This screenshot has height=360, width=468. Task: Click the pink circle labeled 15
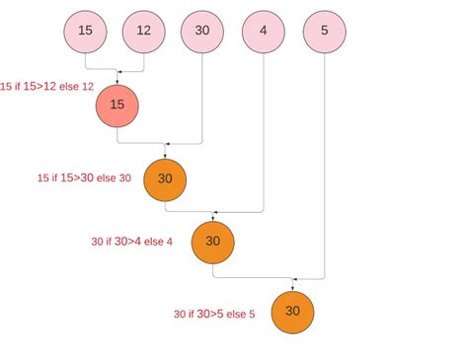point(85,31)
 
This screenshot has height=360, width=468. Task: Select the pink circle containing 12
point(143,31)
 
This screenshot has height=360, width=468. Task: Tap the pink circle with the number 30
point(202,31)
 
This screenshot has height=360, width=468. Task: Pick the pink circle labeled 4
point(263,31)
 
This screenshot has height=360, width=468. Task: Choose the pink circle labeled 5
point(325,31)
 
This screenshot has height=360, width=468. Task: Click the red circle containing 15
point(117,105)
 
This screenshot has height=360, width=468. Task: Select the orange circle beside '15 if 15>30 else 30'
point(165,179)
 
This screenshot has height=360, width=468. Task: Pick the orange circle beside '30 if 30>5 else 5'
point(292,311)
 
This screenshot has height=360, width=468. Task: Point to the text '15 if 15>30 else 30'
point(83,179)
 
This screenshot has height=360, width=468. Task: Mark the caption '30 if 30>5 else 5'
point(214,314)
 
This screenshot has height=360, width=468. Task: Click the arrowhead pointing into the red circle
point(117,80)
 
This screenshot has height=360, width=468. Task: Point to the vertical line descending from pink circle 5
point(325,168)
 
